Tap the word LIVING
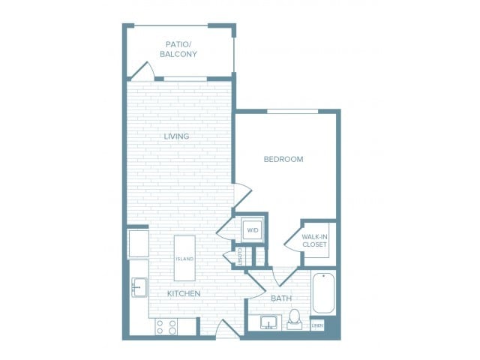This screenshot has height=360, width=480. click(177, 136)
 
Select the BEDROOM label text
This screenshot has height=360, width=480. click(283, 159)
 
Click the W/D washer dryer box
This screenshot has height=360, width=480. click(251, 229)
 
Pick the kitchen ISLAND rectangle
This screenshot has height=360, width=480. click(184, 258)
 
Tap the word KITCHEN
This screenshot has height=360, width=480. click(184, 293)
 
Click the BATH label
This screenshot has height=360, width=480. click(280, 298)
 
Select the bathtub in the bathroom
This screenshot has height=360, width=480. click(323, 293)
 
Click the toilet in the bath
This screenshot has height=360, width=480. click(295, 318)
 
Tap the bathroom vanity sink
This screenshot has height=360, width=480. click(268, 323)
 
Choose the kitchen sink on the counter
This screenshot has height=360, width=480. click(139, 287)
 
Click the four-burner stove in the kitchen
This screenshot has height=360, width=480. click(166, 326)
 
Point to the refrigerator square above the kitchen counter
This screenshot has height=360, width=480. click(139, 244)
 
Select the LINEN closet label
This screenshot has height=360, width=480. click(317, 325)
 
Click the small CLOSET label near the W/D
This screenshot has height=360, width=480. click(240, 256)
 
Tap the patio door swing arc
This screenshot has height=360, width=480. click(142, 70)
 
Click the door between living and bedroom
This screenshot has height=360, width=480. click(241, 196)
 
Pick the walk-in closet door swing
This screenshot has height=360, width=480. click(293, 241)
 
